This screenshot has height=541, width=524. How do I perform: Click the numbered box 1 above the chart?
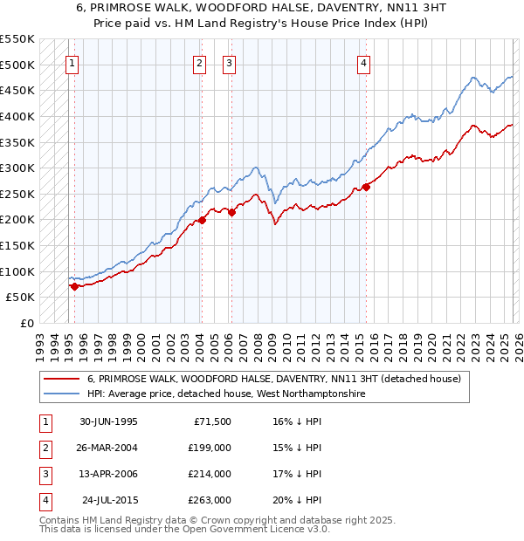71,62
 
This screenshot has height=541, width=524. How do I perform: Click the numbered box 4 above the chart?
362,62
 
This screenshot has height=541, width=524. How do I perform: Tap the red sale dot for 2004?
202,220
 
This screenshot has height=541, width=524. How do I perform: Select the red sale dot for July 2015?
366,187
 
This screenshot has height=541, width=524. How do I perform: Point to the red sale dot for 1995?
75,285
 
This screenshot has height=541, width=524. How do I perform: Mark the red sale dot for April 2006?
231,212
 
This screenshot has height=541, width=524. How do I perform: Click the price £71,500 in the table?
212,421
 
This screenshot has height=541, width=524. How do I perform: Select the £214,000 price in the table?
210,474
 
